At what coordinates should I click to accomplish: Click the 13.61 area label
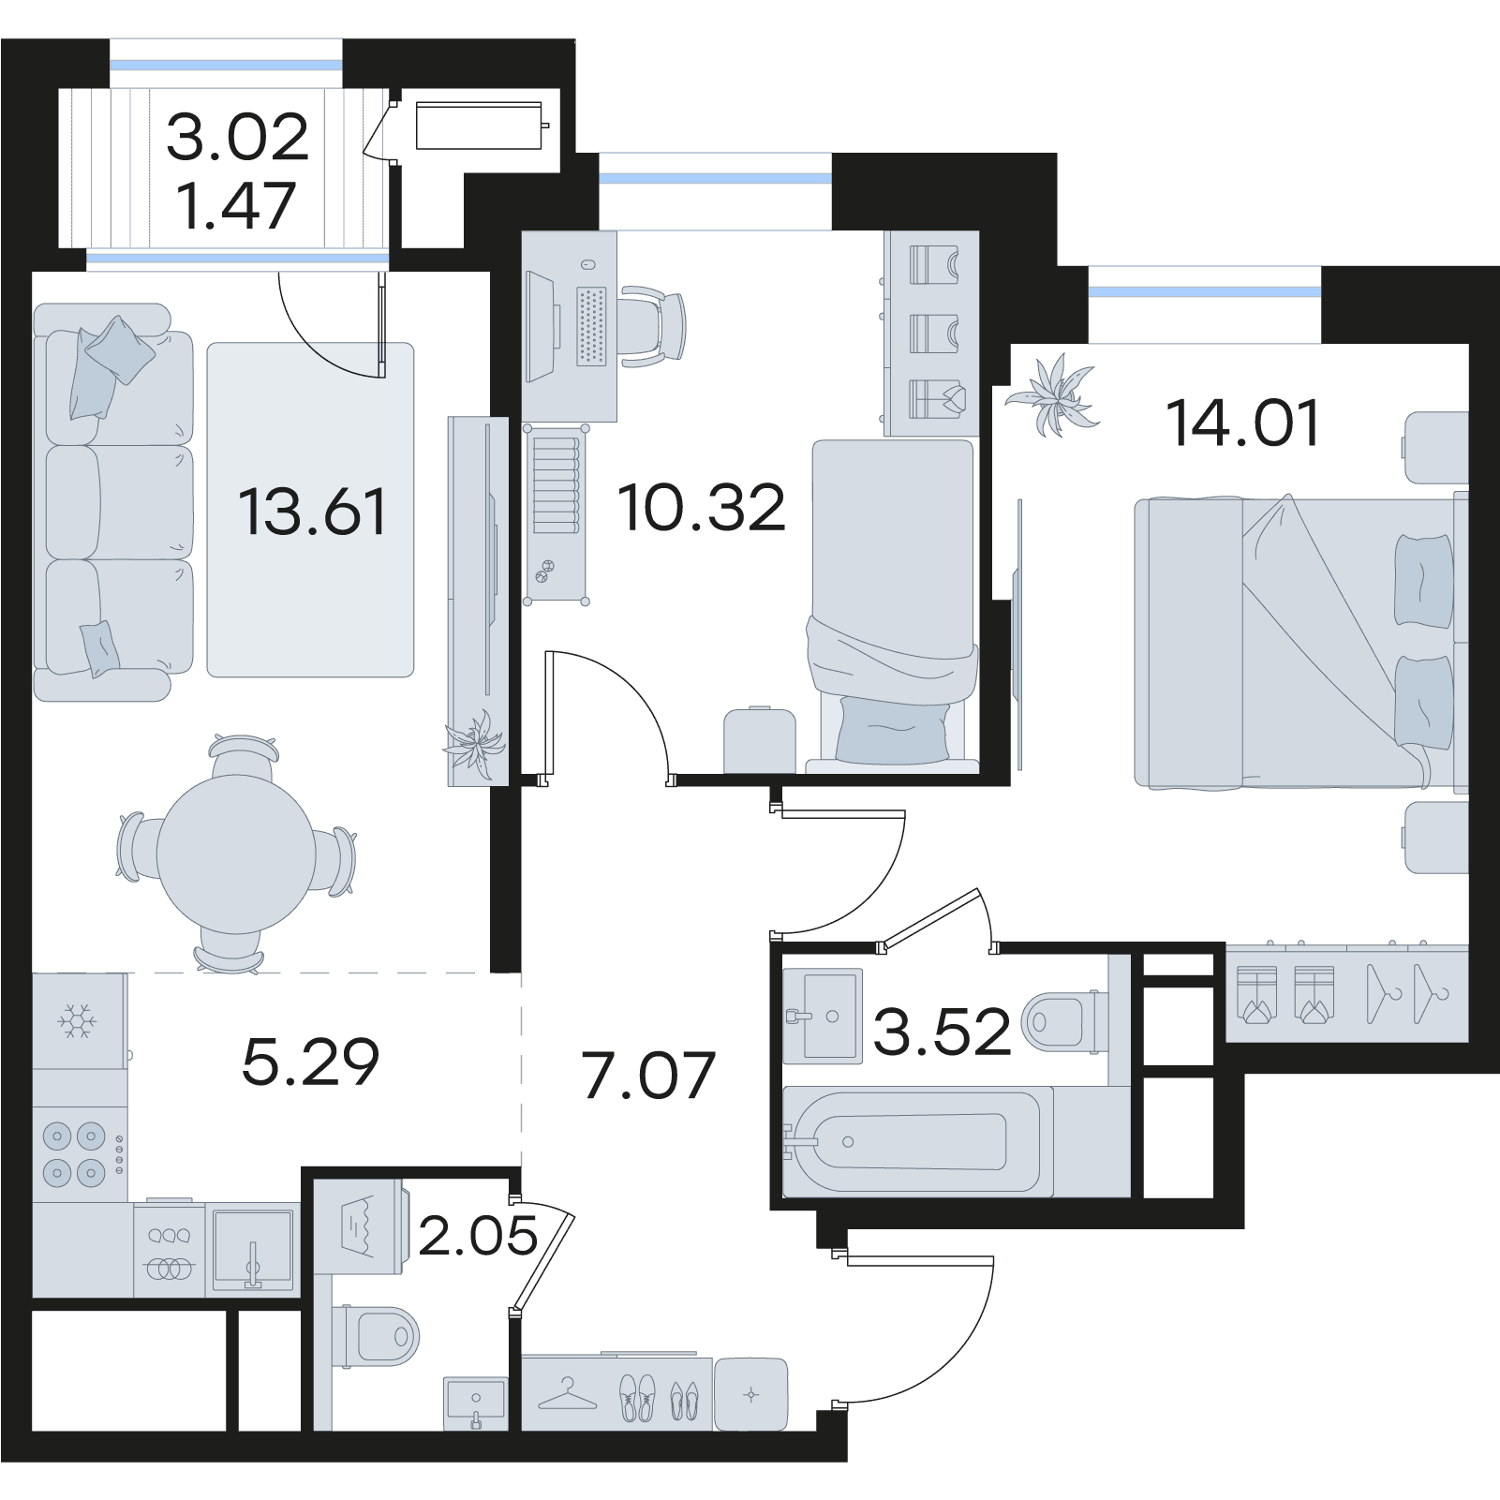coord(312,512)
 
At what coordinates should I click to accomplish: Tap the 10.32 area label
coord(701,509)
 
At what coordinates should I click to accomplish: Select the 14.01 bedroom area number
coord(1242,423)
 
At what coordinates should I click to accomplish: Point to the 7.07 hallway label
coord(648,1075)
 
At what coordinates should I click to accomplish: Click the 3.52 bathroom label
coord(942,1032)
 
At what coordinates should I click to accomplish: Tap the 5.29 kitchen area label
coord(310,1062)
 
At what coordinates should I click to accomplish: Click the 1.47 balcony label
coord(237,205)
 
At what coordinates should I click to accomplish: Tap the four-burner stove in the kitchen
coord(81,1154)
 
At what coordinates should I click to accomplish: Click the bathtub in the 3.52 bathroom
coord(911,1141)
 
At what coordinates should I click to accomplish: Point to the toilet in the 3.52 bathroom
coord(1064,1020)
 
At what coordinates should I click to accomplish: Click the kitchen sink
coord(252,1249)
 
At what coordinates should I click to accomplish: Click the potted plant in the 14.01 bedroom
coord(1053,394)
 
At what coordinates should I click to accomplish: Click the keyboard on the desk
coord(591,325)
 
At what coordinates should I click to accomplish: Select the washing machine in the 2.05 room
coord(360,1226)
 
